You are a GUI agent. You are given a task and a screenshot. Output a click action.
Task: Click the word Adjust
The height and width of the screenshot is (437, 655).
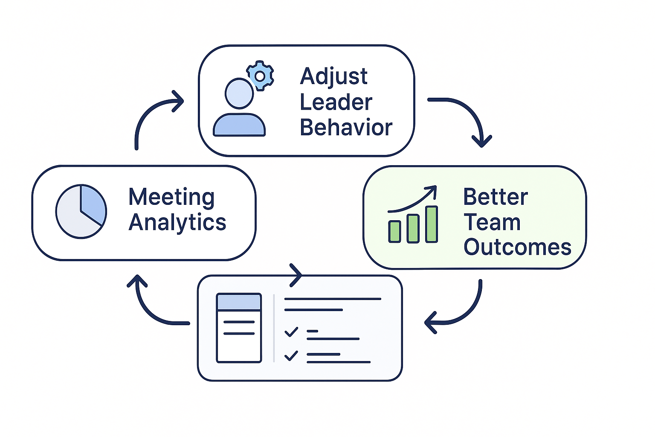333,77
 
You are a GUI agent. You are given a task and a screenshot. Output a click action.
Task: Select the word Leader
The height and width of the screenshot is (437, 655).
336,102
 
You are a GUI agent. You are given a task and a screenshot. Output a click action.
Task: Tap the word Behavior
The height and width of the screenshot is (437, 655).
346,128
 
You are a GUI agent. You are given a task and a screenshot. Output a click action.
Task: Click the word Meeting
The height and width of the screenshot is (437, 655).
171,197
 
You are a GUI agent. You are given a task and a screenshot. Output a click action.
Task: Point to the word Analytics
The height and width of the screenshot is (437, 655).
177,223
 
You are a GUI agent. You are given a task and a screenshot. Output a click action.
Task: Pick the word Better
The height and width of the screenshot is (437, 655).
496,197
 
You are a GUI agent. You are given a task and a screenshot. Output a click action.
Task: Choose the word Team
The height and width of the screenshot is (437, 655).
492,222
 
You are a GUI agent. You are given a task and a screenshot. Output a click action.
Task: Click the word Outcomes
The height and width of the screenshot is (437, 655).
517,248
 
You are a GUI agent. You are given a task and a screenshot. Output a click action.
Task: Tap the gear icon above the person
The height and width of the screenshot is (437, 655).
260,76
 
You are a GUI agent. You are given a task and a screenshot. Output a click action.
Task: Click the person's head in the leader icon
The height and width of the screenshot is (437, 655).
239,93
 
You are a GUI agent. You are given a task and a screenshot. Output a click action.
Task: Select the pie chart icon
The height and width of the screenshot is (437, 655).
81,211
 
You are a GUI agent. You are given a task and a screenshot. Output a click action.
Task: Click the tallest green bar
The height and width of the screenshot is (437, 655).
432,224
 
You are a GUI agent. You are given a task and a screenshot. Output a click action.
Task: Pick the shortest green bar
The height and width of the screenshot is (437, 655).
394,232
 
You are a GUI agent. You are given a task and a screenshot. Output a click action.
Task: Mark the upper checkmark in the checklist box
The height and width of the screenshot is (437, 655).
291,332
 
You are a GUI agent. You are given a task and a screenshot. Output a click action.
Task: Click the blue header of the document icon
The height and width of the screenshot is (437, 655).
239,302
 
